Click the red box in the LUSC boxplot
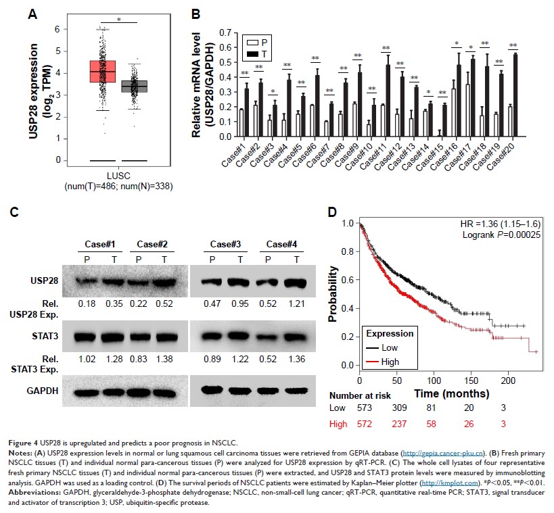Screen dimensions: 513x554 pyautogui.click(x=103, y=71)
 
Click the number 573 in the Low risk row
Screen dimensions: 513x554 pyautogui.click(x=365, y=408)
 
